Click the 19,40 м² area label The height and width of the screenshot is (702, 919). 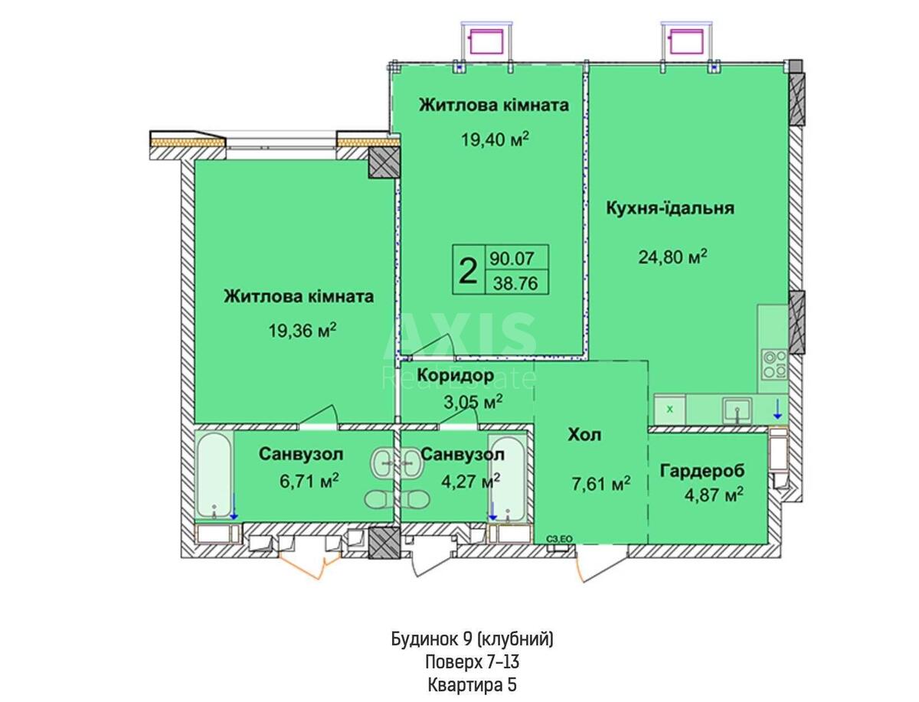point(495,139)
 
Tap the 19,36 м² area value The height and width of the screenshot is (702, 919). point(303,331)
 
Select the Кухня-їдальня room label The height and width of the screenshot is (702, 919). point(670,208)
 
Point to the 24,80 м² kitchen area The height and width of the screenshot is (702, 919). point(672,257)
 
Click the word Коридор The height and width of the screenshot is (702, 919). point(456,376)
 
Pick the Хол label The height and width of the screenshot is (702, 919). point(584,435)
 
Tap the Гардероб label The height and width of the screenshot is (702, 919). point(702,471)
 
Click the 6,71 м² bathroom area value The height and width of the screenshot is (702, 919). point(309,481)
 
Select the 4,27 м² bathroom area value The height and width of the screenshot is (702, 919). point(470,481)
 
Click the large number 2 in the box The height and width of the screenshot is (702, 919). point(468,271)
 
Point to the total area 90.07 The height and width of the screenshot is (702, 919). point(512,258)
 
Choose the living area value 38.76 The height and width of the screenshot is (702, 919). point(515,283)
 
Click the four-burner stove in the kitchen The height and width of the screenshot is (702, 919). point(774,364)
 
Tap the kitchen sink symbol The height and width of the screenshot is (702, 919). point(737,410)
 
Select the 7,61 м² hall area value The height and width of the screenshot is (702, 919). point(601,484)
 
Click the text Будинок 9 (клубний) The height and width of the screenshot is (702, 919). point(473,639)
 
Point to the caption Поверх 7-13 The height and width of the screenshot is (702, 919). point(473,662)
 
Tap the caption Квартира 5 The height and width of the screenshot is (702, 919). point(473,685)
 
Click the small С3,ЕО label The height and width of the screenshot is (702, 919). point(559,539)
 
